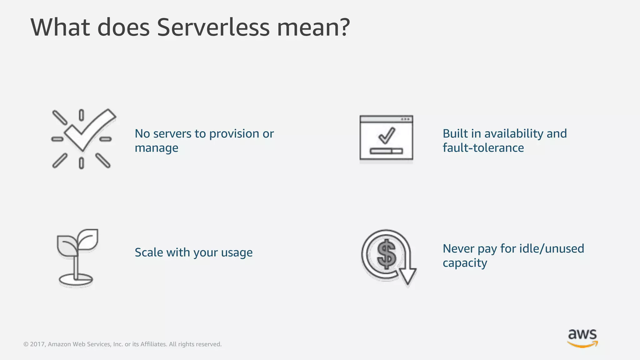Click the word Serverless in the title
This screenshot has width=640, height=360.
pyautogui.click(x=213, y=27)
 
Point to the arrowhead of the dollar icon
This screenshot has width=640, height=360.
pyautogui.click(x=407, y=277)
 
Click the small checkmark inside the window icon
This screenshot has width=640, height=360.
pyautogui.click(x=387, y=136)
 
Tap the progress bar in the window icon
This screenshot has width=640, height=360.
pyautogui.click(x=386, y=151)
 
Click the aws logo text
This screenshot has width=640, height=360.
pyautogui.click(x=582, y=334)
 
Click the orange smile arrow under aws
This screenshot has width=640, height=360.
pyautogui.click(x=582, y=344)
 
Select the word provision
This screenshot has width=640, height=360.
pyautogui.click(x=234, y=134)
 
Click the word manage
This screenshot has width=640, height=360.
pyautogui.click(x=156, y=148)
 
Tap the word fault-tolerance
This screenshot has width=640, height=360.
pyautogui.click(x=483, y=148)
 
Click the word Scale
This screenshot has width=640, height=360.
pyautogui.click(x=149, y=252)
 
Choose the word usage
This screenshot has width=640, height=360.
pyautogui.click(x=237, y=253)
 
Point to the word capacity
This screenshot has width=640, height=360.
pyautogui.click(x=465, y=263)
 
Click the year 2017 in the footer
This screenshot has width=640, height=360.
pyautogui.click(x=37, y=344)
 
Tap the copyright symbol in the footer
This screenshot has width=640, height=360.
pyautogui.click(x=26, y=344)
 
